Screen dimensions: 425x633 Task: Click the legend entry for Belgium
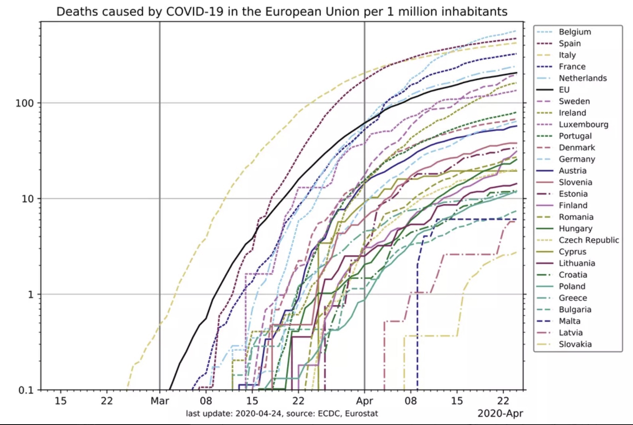pyautogui.click(x=574, y=32)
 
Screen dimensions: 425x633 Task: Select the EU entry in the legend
pyautogui.click(x=564, y=90)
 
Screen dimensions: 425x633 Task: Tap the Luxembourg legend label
pyautogui.click(x=583, y=124)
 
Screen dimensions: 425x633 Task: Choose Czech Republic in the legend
pyautogui.click(x=588, y=240)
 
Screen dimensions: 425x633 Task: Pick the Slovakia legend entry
pyautogui.click(x=575, y=344)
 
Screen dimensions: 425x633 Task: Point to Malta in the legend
pyautogui.click(x=569, y=321)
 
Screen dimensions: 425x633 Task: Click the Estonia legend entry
pyautogui.click(x=573, y=194)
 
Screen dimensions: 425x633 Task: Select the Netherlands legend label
pyautogui.click(x=582, y=78)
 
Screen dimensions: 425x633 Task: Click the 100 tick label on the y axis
pyautogui.click(x=24, y=103)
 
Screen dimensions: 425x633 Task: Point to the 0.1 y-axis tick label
pyautogui.click(x=26, y=390)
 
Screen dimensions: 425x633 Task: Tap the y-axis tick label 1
pyautogui.click(x=30, y=295)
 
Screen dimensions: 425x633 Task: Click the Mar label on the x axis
pyautogui.click(x=159, y=401)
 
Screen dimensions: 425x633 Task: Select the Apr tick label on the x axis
pyautogui.click(x=364, y=401)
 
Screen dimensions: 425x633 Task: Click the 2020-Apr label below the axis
pyautogui.click(x=500, y=413)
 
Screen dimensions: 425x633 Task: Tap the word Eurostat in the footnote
pyautogui.click(x=361, y=413)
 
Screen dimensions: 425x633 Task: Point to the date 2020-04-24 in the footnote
pyautogui.click(x=259, y=413)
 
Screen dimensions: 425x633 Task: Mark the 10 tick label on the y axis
pyautogui.click(x=27, y=199)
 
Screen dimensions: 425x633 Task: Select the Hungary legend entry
pyautogui.click(x=575, y=228)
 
